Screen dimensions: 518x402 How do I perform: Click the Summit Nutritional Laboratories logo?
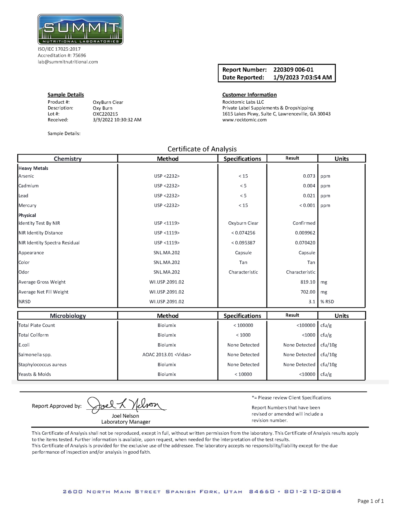point(80,30)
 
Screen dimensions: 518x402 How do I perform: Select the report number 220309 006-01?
point(293,70)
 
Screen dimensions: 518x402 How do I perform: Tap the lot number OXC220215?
point(105,114)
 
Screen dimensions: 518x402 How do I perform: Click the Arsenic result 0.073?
point(309,176)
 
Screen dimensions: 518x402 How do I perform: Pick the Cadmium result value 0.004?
point(309,186)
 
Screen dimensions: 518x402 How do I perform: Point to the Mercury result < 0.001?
point(307,206)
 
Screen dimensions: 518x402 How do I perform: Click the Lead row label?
point(23,196)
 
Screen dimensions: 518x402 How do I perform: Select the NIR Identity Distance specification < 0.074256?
point(243,233)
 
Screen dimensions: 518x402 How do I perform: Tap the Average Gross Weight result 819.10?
point(308,282)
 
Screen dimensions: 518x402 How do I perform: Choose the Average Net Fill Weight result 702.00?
point(308,292)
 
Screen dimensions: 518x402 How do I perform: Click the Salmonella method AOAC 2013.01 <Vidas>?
point(167,355)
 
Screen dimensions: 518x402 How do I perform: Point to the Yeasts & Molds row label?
point(35,374)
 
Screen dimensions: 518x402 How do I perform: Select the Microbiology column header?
point(68,316)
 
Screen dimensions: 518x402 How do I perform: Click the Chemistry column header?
point(68,159)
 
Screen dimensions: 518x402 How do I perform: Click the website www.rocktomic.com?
point(244,120)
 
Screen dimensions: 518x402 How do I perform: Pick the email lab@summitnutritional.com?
point(68,62)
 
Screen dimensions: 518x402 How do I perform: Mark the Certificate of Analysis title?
point(202,149)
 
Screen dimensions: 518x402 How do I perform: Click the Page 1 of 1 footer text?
point(370,501)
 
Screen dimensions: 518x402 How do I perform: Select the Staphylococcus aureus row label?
point(43,365)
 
